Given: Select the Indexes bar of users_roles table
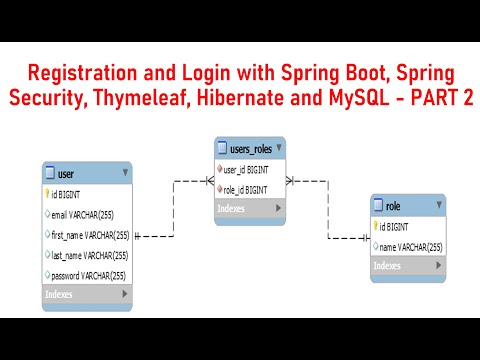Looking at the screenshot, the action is pyautogui.click(x=250, y=208).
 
